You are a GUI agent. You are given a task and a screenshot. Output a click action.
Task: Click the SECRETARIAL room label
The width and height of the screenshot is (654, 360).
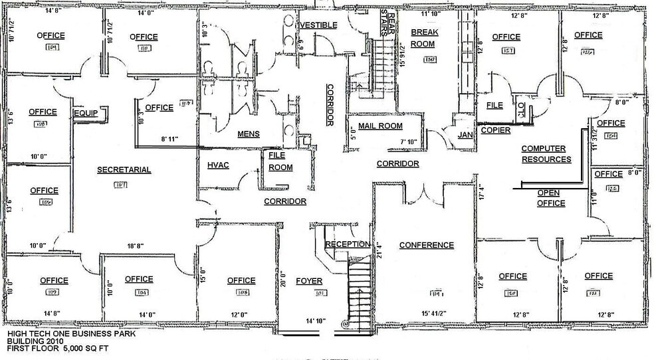(124, 170)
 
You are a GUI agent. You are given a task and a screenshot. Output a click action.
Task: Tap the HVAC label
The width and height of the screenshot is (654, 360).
(218, 165)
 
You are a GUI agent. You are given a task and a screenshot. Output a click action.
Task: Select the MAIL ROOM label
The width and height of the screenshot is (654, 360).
(380, 126)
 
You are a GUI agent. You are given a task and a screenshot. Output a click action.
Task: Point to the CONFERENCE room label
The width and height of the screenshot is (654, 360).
(426, 245)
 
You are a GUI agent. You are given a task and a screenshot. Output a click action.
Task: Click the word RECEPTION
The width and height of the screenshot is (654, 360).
(348, 244)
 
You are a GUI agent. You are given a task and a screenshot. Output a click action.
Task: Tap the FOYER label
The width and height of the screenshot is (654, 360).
(309, 280)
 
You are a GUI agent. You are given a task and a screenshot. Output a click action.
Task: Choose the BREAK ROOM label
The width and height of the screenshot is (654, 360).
(423, 38)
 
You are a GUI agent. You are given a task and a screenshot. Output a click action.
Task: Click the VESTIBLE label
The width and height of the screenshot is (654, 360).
(320, 25)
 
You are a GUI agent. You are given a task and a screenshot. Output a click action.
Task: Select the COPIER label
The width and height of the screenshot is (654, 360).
(496, 130)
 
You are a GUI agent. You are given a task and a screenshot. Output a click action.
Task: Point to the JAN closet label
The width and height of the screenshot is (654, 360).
(465, 135)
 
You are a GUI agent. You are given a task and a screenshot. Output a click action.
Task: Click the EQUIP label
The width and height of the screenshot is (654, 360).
(85, 114)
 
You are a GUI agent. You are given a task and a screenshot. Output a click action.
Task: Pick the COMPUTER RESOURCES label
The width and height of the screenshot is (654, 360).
(546, 154)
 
